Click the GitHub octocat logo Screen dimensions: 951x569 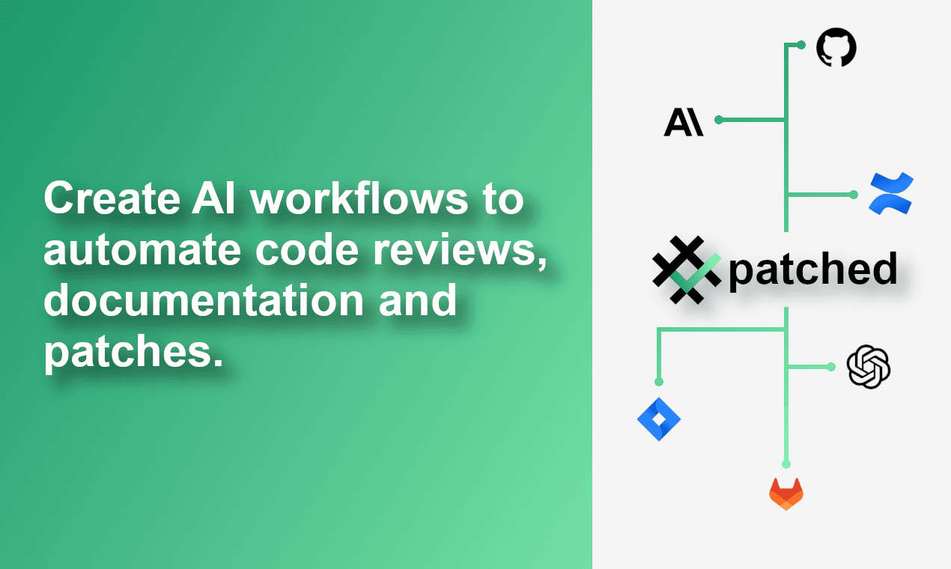click(836, 47)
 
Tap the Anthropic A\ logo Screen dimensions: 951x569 click(684, 122)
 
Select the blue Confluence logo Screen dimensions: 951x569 click(890, 193)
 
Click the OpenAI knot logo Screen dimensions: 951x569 click(868, 366)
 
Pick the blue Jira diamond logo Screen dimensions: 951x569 click(659, 419)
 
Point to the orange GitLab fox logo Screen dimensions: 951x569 click(786, 494)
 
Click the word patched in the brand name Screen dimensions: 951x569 click(812, 270)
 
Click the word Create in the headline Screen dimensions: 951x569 click(112, 198)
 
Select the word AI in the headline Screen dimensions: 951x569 click(213, 198)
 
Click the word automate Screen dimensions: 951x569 click(142, 249)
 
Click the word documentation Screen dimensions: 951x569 click(204, 299)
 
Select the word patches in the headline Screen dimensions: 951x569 click(133, 352)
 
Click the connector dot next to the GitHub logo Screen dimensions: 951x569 click(800, 45)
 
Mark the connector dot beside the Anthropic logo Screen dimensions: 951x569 click(719, 120)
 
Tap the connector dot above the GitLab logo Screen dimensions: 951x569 click(786, 464)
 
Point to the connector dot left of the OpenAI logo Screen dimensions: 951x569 click(831, 367)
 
